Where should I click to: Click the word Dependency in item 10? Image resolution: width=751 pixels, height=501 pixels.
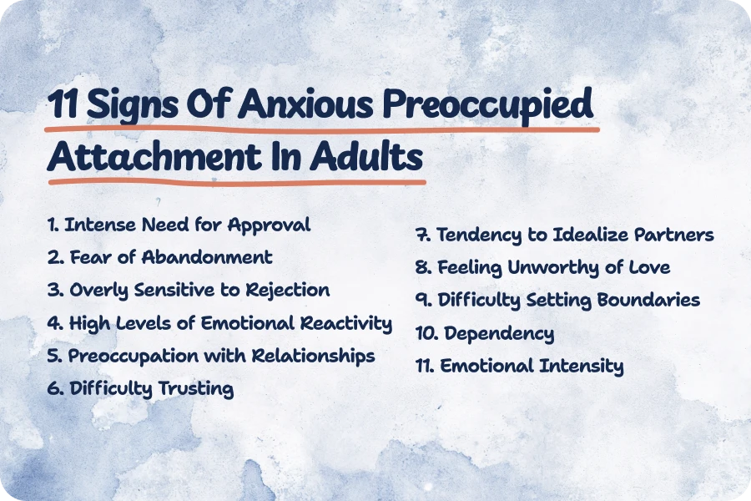(498, 334)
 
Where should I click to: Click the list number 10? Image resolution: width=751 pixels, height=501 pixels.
(426, 334)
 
